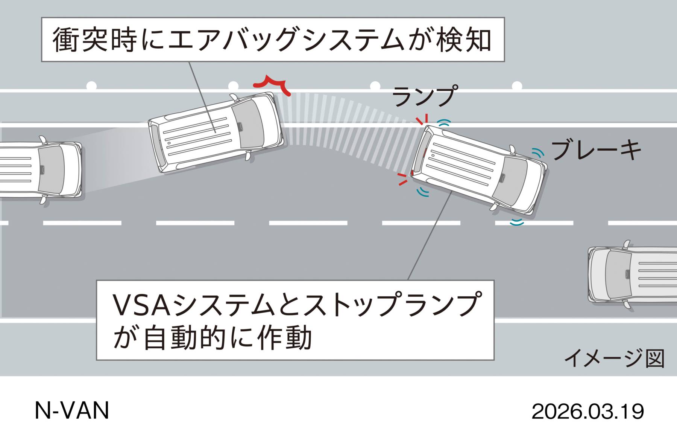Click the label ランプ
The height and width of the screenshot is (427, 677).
click(x=425, y=96)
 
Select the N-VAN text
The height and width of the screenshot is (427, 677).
click(x=71, y=410)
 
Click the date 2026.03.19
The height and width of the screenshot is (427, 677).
click(x=587, y=412)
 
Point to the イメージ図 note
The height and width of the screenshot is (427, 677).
click(x=614, y=358)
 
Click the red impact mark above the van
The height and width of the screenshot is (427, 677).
click(x=271, y=85)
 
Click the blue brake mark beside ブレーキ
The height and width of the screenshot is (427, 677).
click(x=538, y=152)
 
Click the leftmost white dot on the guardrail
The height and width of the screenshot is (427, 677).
click(x=91, y=86)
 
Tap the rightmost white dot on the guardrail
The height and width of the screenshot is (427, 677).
click(x=517, y=86)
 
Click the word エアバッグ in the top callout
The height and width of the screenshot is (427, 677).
click(x=233, y=40)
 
